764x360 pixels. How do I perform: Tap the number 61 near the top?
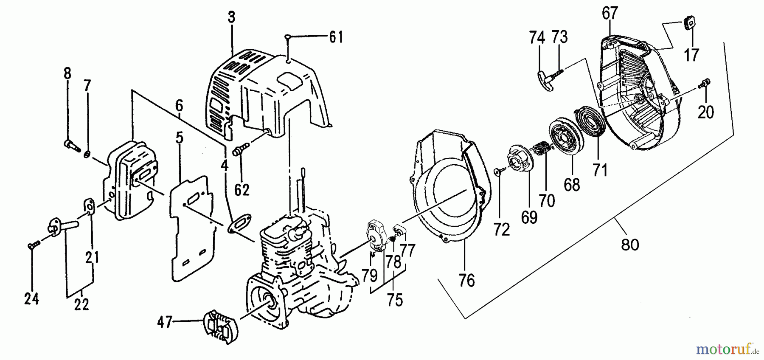coord(336,37)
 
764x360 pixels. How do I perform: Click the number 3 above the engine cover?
coord(231,18)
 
